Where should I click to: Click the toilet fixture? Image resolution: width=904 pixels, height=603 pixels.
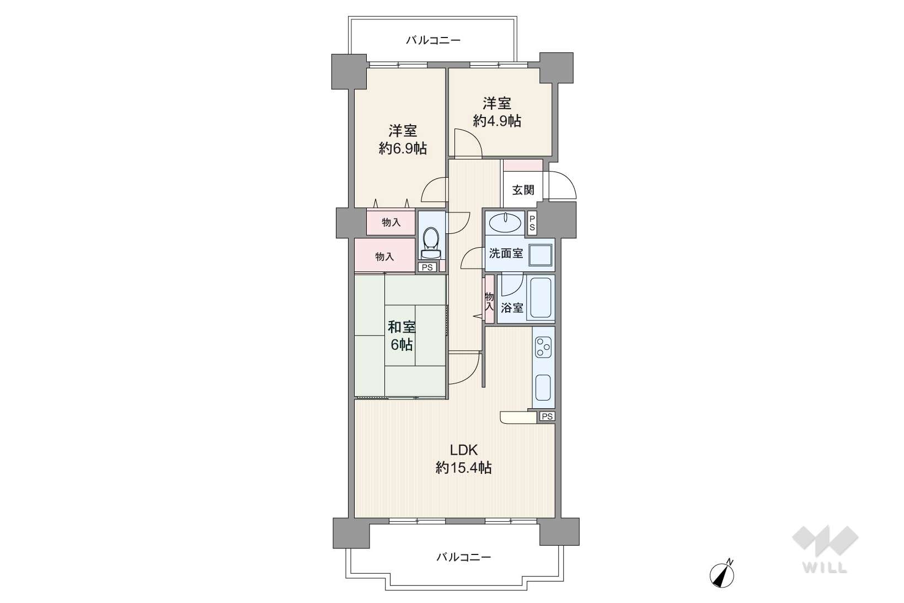(x=431, y=242)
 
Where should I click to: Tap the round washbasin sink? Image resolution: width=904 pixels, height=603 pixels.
(x=505, y=222)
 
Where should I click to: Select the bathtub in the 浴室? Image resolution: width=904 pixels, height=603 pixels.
(x=541, y=298)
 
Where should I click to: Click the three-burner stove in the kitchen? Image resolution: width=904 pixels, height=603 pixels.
(x=543, y=348)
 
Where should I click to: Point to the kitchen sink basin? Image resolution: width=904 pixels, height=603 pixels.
(x=543, y=387)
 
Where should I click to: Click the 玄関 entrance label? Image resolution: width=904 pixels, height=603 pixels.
(x=523, y=190)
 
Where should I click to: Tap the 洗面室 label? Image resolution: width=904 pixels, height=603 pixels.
(x=506, y=253)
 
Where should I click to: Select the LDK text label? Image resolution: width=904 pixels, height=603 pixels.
(x=464, y=449)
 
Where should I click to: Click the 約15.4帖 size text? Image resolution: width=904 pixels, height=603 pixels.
(x=464, y=468)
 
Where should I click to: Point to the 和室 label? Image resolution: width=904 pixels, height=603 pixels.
(x=402, y=327)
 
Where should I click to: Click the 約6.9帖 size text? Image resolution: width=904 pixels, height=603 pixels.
(x=403, y=148)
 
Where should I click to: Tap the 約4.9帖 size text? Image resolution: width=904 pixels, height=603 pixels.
(x=497, y=121)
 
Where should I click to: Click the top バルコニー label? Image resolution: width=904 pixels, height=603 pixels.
(x=433, y=40)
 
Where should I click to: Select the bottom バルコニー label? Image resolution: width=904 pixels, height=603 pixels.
(x=464, y=557)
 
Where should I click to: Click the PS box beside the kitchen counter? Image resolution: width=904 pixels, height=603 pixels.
(x=547, y=416)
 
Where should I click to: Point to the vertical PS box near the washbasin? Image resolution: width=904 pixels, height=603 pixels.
(x=532, y=223)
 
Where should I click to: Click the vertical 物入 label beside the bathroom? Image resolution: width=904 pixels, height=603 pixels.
(x=489, y=301)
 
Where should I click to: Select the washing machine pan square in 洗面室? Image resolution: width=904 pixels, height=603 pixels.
(x=541, y=255)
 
